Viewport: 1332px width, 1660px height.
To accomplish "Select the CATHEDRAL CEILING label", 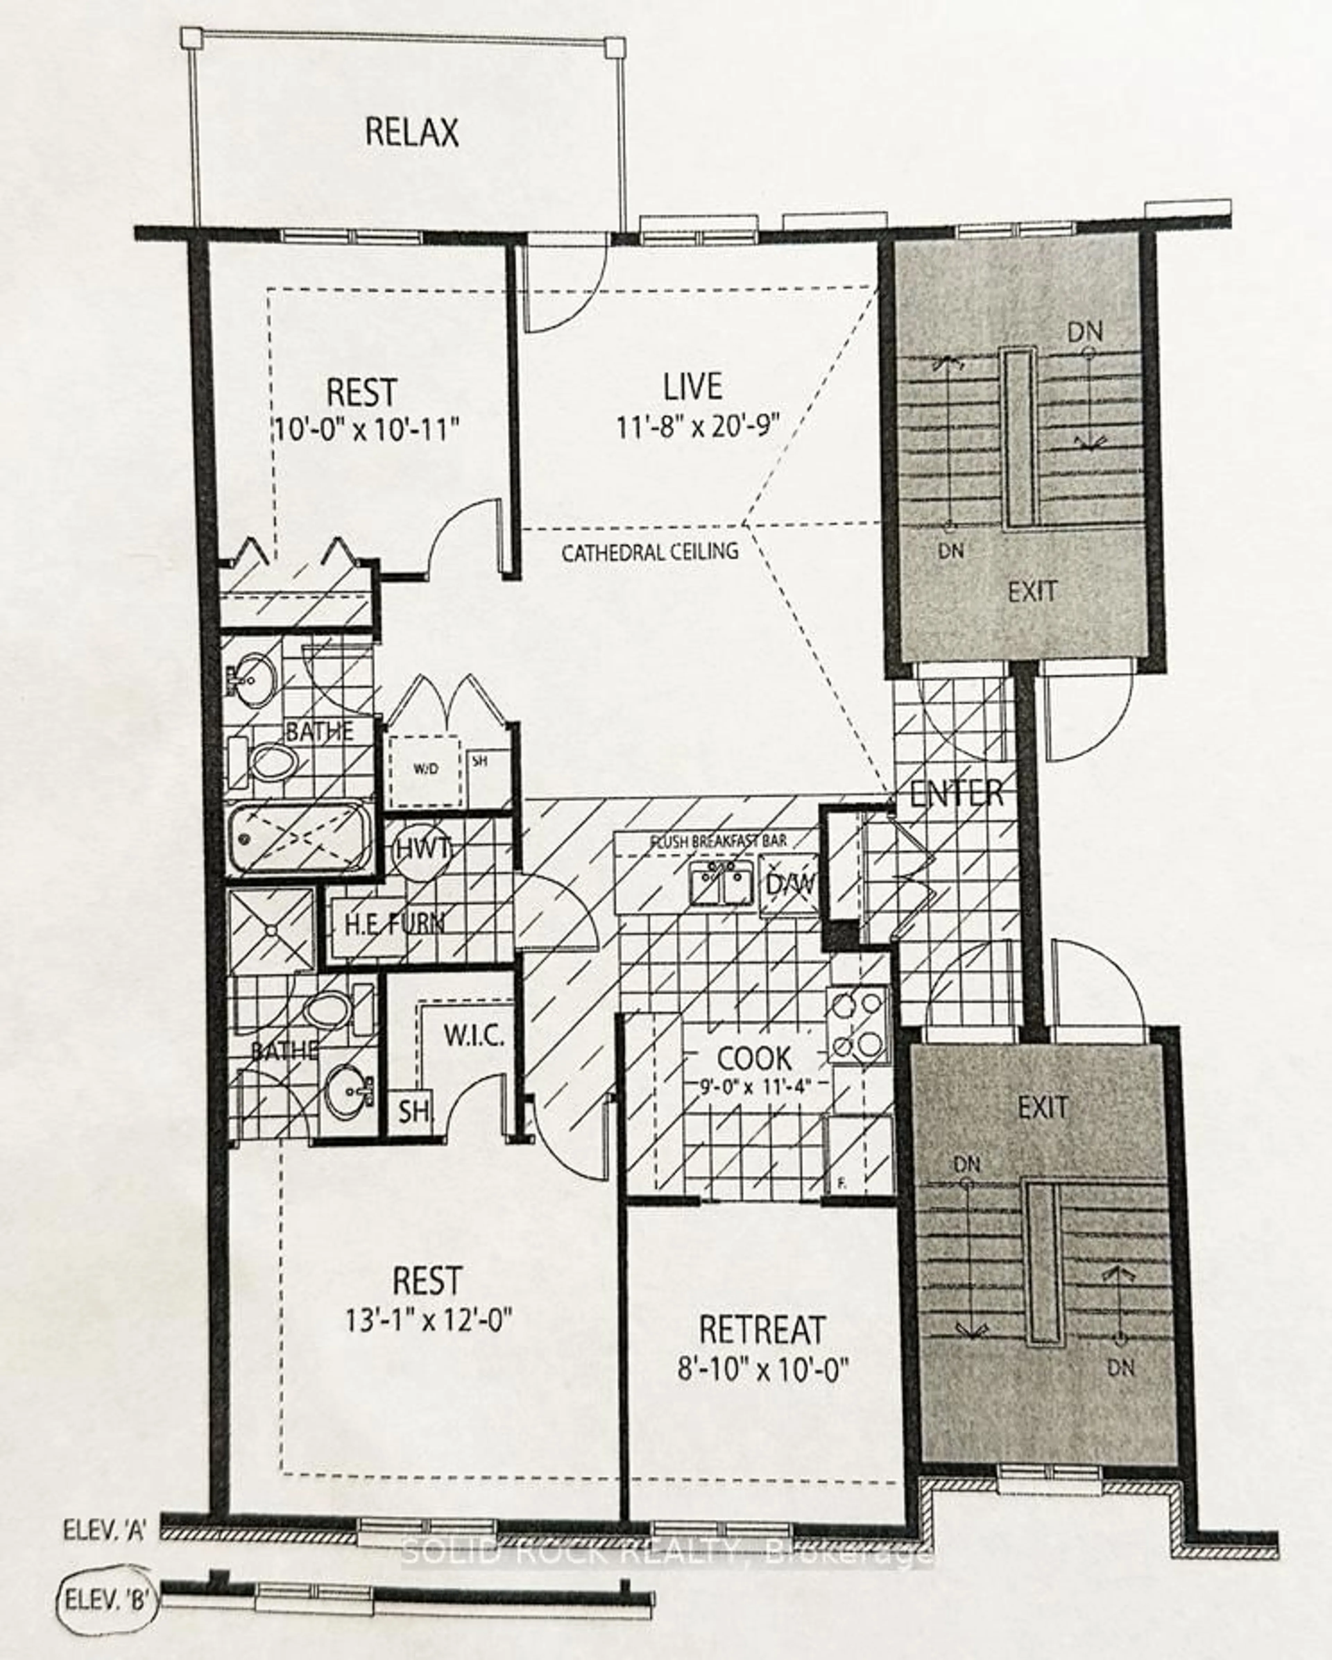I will pos(650,552).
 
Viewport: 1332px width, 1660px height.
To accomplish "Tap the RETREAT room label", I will pos(761,1330).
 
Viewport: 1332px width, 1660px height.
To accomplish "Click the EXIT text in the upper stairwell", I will pos(1033,591).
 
